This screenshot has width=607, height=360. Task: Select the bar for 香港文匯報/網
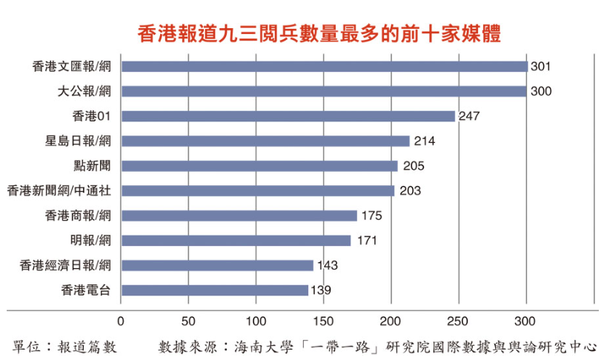(324, 67)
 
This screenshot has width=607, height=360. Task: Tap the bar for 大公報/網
(323, 91)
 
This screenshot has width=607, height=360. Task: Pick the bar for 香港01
(288, 116)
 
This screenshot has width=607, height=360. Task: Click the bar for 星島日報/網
(265, 141)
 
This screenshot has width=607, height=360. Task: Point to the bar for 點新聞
(259, 166)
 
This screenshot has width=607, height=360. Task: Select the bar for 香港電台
(214, 290)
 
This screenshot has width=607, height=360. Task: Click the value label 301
(540, 67)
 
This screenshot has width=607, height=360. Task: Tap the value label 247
(470, 116)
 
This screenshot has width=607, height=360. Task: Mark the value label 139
(321, 290)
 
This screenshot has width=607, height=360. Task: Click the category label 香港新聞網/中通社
(59, 191)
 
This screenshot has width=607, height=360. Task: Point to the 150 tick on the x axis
(323, 321)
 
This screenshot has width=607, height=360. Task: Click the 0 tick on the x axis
(121, 321)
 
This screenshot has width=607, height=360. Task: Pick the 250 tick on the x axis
(458, 321)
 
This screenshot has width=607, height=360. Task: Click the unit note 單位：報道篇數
(65, 345)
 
